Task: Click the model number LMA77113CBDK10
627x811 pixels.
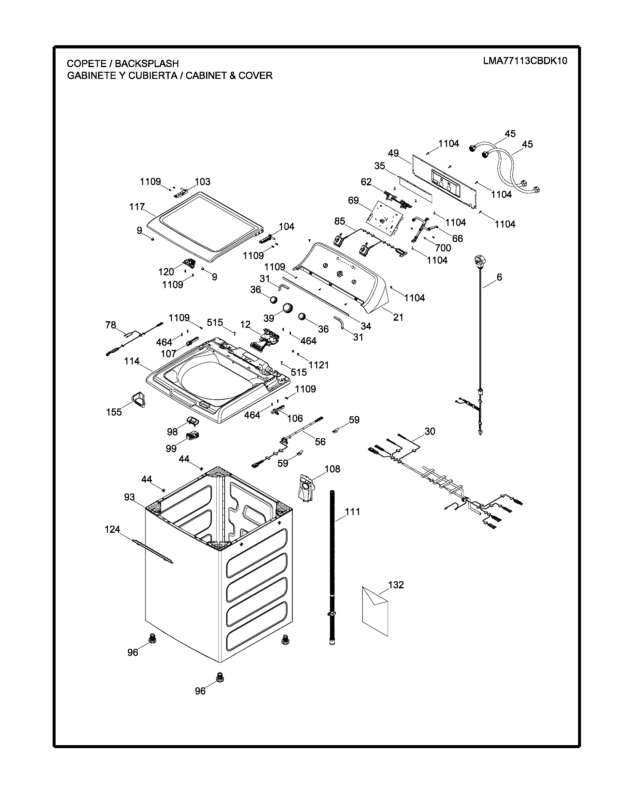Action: pos(525,61)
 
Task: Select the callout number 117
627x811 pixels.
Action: pos(137,207)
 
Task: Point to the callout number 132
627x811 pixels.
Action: pos(396,585)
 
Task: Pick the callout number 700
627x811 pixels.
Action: pos(443,248)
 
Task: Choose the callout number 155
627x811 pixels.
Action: pos(114,412)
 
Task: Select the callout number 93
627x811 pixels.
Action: pos(129,497)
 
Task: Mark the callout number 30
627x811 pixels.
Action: pos(430,432)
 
